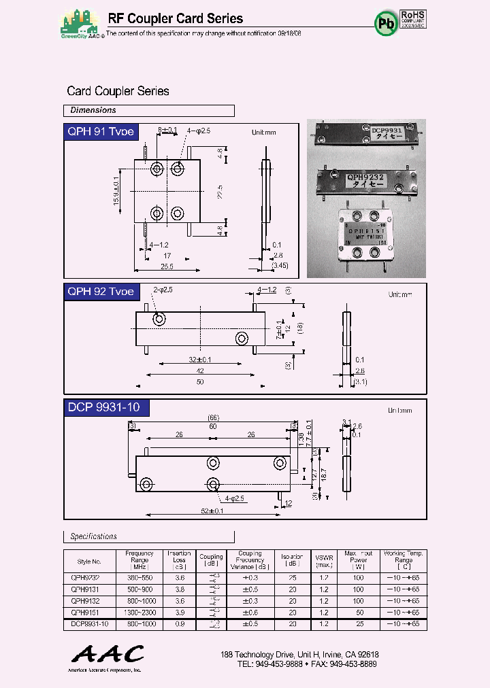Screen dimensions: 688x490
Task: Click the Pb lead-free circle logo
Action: (x=386, y=23)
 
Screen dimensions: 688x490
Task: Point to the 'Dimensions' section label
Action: (x=93, y=110)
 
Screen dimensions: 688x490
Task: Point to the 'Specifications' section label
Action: (x=94, y=536)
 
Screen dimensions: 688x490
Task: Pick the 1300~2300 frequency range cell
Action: (x=140, y=613)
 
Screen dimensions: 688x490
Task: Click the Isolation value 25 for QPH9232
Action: (x=292, y=578)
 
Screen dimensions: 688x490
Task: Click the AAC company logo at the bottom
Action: (x=108, y=655)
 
